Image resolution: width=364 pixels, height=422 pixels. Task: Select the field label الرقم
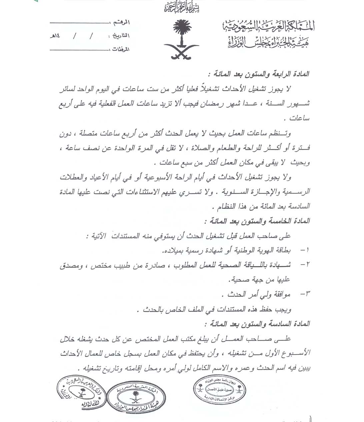[x=122, y=22]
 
